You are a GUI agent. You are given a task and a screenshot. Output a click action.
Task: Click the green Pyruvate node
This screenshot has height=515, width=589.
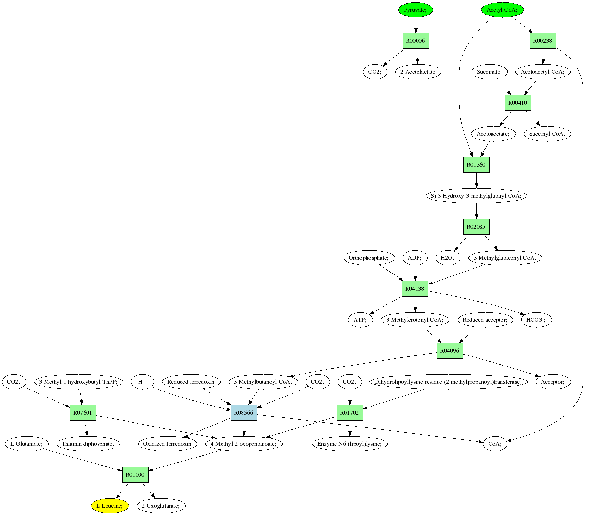[x=415, y=10]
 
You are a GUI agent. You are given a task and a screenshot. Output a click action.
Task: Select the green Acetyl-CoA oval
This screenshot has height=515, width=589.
[x=502, y=10]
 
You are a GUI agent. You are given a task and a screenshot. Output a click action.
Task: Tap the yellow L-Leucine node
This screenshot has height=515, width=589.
[x=109, y=506]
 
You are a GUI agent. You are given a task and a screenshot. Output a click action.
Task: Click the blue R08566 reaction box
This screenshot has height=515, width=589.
[x=244, y=413]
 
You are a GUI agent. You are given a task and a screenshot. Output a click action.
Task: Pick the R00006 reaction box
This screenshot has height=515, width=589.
[x=416, y=41]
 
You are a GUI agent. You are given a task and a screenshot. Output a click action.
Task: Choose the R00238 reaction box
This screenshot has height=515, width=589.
[x=543, y=41]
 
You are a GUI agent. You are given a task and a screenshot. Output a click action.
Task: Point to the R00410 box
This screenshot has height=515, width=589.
[x=518, y=103]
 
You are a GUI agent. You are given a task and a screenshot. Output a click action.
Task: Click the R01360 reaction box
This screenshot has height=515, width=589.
[x=476, y=165]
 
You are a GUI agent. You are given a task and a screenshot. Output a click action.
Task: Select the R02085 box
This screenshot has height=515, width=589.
[x=476, y=227]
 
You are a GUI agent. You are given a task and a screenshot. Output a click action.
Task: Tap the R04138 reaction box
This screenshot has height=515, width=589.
[x=415, y=289]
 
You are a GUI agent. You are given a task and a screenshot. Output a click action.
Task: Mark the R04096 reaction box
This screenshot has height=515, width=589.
[x=450, y=351]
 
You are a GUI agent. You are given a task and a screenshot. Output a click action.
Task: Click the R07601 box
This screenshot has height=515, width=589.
[x=83, y=413]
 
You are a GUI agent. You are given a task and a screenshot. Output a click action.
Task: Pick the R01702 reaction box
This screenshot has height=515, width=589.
[x=350, y=413]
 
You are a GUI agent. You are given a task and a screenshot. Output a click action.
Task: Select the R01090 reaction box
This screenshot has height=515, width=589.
[x=135, y=475]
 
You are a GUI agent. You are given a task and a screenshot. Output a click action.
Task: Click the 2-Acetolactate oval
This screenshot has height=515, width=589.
[x=418, y=72]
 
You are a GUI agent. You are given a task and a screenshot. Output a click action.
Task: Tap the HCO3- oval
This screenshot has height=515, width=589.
[x=536, y=320]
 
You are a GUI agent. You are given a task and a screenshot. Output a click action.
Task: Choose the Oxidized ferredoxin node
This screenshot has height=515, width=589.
[x=167, y=444]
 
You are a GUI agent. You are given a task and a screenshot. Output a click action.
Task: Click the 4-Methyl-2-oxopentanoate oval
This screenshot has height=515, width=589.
[x=244, y=444]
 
